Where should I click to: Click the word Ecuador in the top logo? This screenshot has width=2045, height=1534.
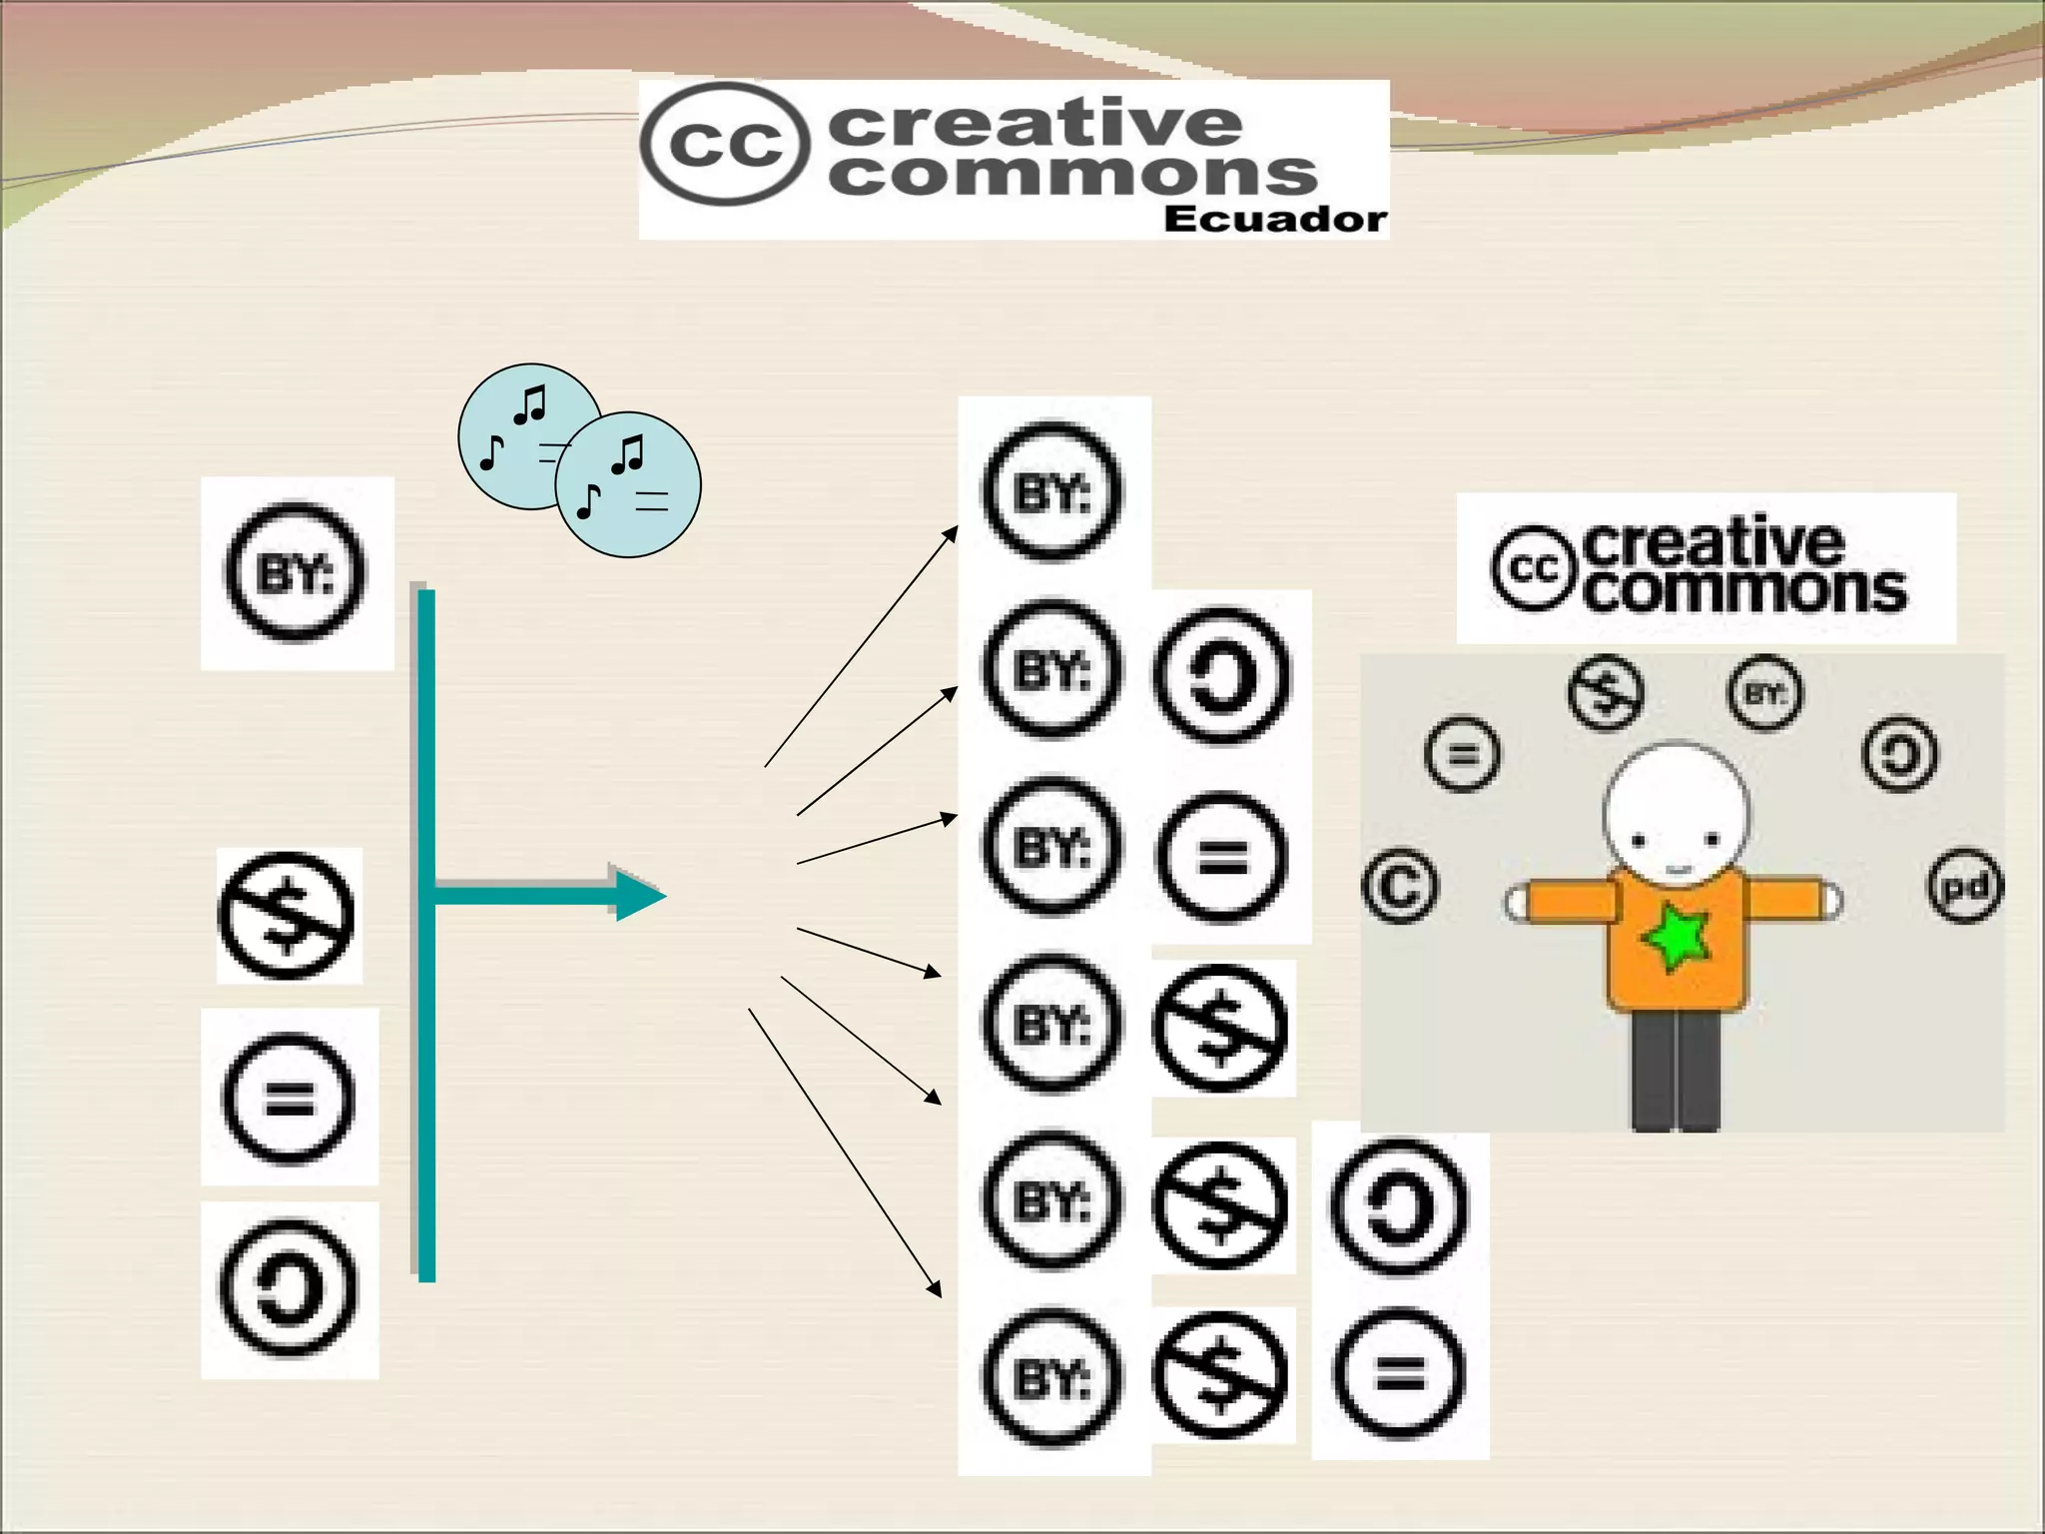click(x=1274, y=219)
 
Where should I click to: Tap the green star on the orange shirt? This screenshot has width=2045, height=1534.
click(x=1676, y=937)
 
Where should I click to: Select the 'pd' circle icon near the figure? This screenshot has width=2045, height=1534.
click(x=1964, y=886)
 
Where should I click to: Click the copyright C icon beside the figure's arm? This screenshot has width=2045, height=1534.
click(x=1400, y=886)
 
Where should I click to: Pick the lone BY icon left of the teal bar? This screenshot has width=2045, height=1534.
click(x=296, y=572)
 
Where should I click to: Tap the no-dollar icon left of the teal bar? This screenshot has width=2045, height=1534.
click(x=287, y=916)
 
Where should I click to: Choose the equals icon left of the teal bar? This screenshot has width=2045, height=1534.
click(x=288, y=1098)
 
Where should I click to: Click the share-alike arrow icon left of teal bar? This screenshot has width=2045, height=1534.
click(x=288, y=1287)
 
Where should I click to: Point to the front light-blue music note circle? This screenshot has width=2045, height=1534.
click(x=628, y=484)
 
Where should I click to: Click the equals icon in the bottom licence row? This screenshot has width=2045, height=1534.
click(x=1399, y=1375)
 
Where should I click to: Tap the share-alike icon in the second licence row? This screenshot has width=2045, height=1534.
click(x=1221, y=675)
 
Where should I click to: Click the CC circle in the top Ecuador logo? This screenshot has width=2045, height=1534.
click(x=721, y=144)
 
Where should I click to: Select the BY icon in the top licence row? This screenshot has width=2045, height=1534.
click(x=1051, y=491)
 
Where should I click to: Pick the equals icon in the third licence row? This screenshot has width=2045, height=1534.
click(x=1221, y=855)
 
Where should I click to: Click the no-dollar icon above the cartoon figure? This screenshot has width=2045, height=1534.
click(x=1605, y=692)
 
